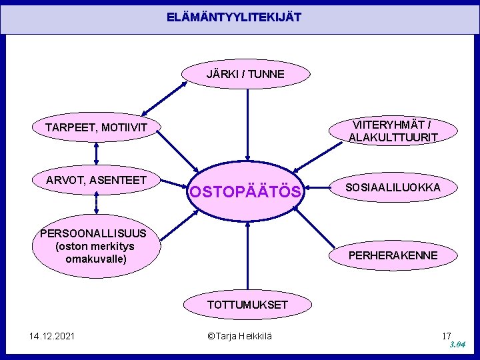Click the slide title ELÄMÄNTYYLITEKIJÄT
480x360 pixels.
click(x=234, y=17)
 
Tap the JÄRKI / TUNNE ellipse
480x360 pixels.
click(x=245, y=74)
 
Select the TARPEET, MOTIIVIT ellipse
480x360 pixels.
click(x=96, y=127)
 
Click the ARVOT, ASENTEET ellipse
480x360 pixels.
click(x=96, y=179)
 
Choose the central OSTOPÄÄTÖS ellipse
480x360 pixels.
click(x=247, y=193)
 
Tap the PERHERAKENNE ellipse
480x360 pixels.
click(x=393, y=255)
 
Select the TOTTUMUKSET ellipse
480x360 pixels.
click(x=247, y=305)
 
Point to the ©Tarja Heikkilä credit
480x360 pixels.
click(x=240, y=336)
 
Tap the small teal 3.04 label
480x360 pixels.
click(x=457, y=345)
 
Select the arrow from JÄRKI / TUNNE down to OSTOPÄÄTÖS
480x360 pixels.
click(x=247, y=127)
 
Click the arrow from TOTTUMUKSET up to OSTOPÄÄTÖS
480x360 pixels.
click(x=247, y=254)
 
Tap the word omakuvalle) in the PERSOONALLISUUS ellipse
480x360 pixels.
click(x=96, y=258)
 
